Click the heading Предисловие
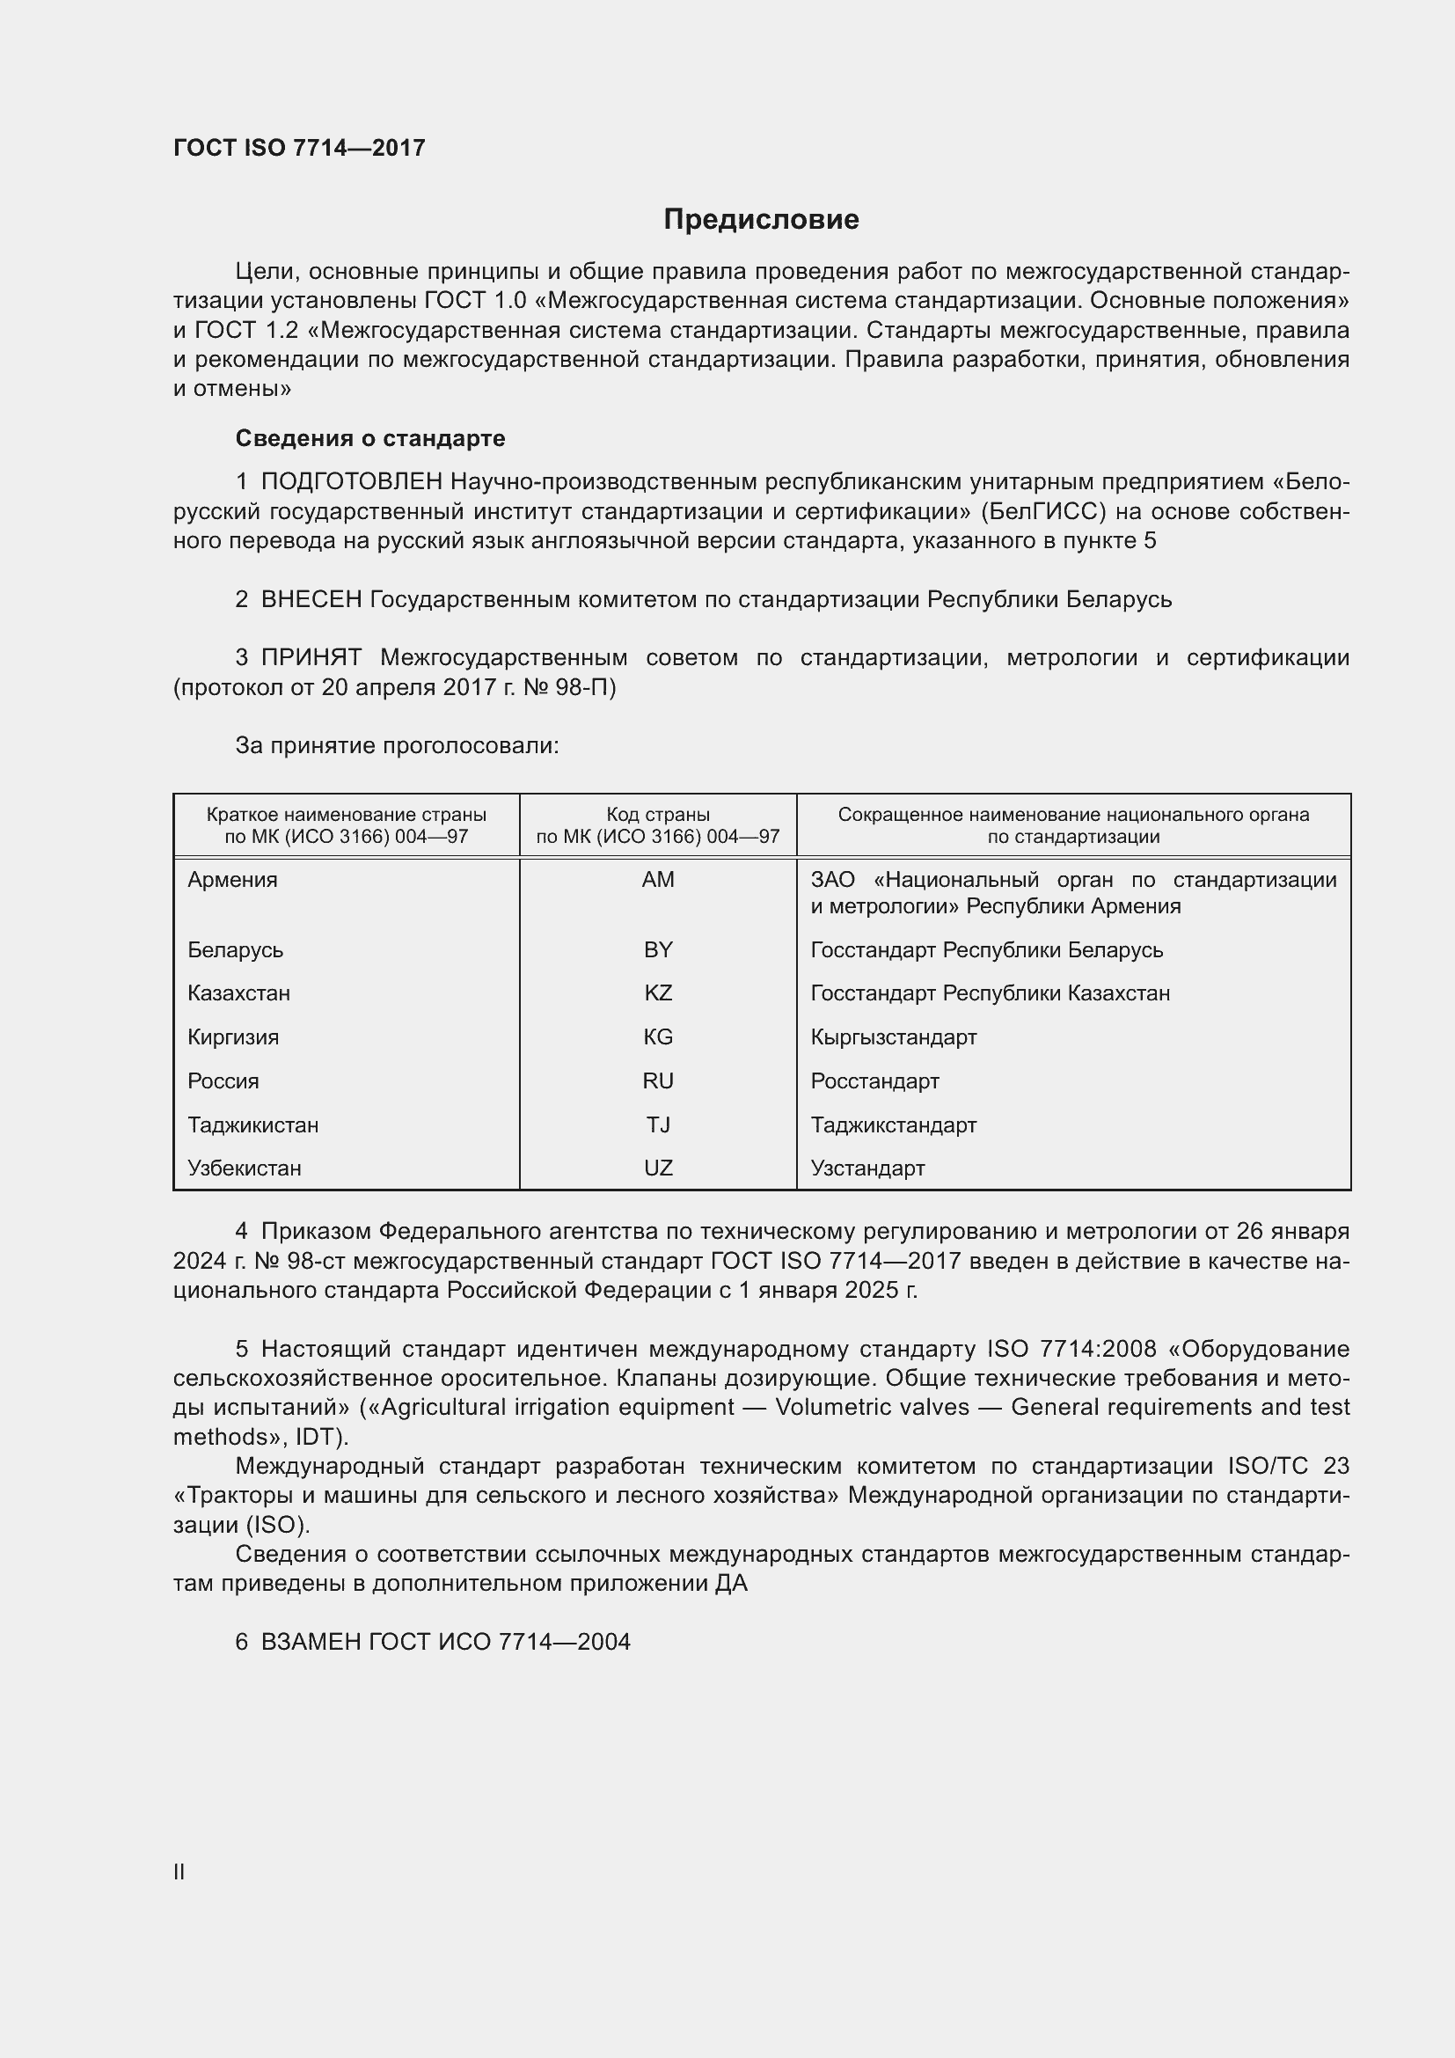(x=761, y=220)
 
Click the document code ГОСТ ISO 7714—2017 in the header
(x=299, y=148)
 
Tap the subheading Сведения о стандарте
(x=370, y=438)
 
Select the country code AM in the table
(x=658, y=879)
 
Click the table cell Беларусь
(x=235, y=949)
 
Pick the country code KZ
(x=658, y=993)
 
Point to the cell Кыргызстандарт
(x=893, y=1037)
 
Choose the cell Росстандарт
(x=874, y=1081)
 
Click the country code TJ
(x=658, y=1125)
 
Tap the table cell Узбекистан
(x=244, y=1168)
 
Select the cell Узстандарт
(x=867, y=1168)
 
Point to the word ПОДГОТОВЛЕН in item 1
(x=351, y=482)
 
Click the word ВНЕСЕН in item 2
(x=311, y=599)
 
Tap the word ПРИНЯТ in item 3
(x=311, y=658)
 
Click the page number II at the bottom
(x=179, y=1871)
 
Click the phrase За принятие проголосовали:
(x=397, y=746)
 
